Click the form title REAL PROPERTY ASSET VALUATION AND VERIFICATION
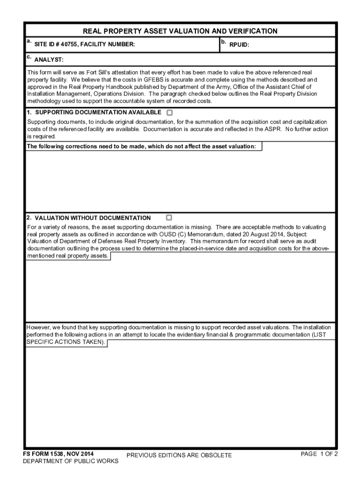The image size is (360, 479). [180, 31]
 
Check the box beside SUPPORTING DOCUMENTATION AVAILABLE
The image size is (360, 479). [169, 113]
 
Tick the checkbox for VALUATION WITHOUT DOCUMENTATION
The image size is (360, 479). [169, 218]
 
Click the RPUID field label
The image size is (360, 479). [239, 45]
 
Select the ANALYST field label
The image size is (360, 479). [49, 60]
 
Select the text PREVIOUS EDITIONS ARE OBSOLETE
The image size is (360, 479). [179, 455]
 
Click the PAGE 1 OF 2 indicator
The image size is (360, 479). [319, 454]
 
